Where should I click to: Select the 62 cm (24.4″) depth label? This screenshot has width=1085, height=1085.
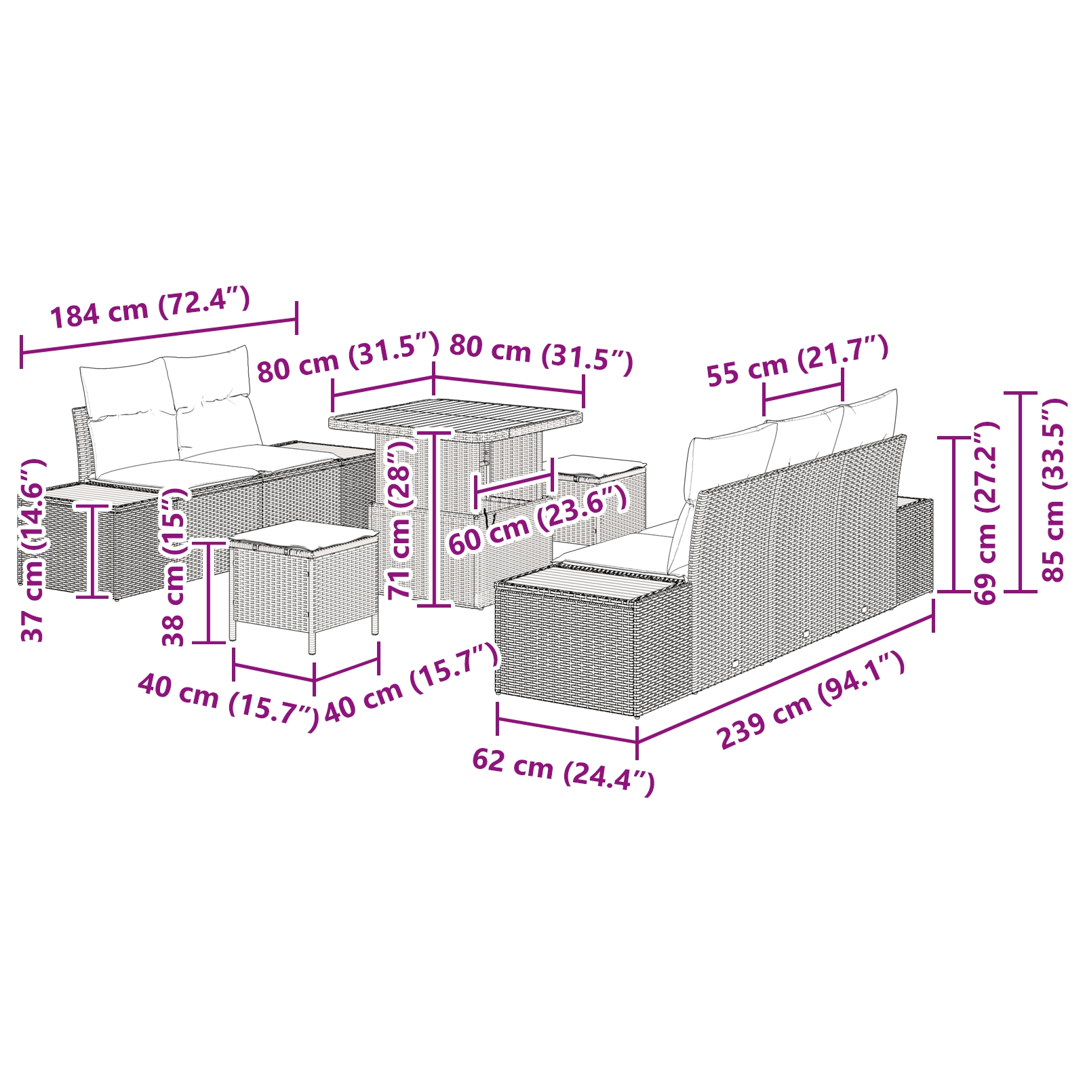(563, 770)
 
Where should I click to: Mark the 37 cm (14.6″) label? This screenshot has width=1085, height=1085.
(33, 549)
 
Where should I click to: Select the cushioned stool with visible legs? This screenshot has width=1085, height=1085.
(304, 576)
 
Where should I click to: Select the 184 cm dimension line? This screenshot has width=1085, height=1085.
(159, 335)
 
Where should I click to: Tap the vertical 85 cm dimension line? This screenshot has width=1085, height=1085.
(1021, 492)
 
